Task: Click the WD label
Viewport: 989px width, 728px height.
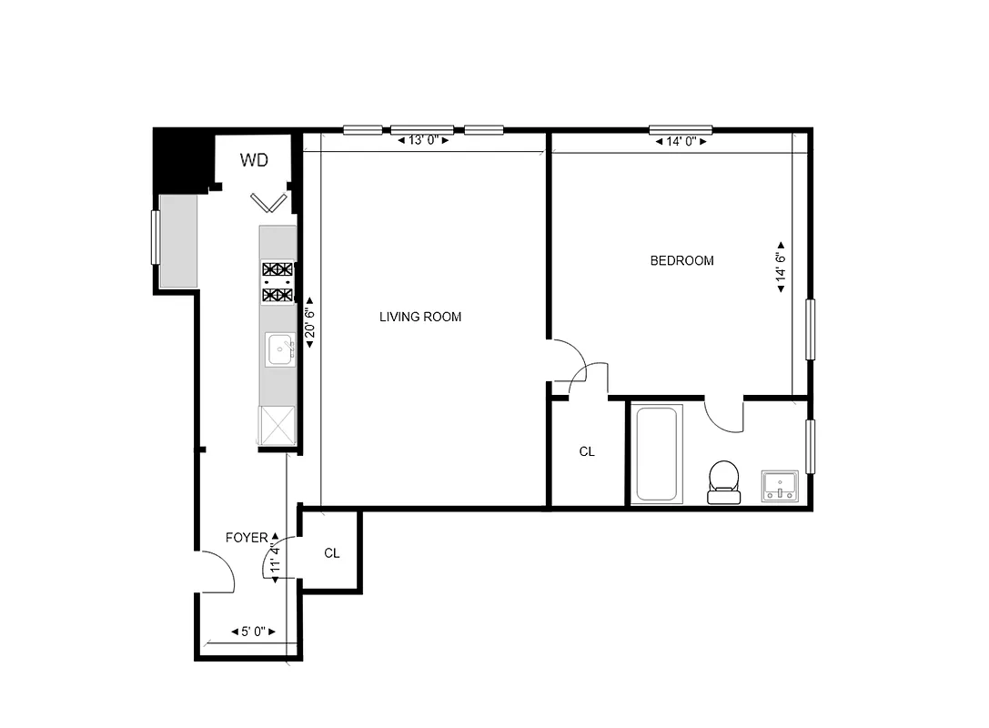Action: tap(254, 161)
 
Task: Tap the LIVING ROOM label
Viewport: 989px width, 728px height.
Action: tap(420, 317)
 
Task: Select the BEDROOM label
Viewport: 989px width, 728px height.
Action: tap(681, 260)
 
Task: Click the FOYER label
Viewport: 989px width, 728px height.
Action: tap(247, 538)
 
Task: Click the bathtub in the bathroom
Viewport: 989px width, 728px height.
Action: tap(657, 453)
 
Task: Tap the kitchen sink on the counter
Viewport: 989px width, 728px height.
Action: tap(279, 349)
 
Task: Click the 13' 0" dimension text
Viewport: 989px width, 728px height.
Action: tap(424, 140)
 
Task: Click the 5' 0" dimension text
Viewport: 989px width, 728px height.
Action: tap(253, 631)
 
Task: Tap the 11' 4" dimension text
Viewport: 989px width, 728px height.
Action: tap(275, 556)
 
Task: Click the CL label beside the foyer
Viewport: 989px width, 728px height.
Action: tap(332, 553)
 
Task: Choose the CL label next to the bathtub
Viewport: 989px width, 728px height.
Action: tap(587, 451)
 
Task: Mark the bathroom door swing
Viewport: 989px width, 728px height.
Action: tap(725, 417)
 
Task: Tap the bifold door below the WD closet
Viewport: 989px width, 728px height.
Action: tap(269, 200)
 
